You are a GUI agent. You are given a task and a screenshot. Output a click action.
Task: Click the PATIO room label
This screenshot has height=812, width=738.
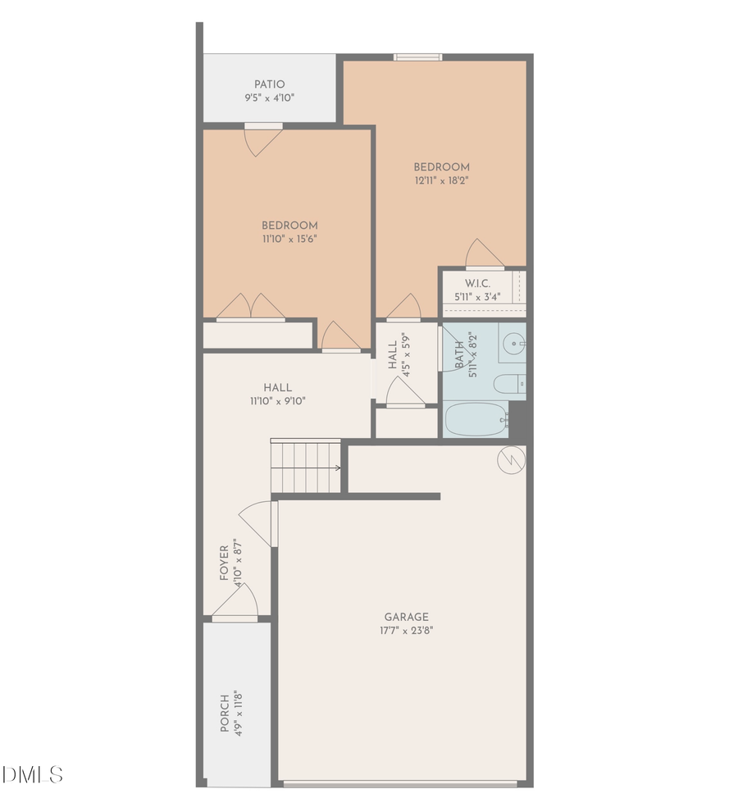(x=269, y=84)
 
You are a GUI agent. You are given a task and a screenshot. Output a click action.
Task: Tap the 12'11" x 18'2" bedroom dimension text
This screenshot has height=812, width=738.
(x=442, y=180)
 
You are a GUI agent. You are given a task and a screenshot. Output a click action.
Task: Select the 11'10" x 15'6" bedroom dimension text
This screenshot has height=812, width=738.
(x=289, y=239)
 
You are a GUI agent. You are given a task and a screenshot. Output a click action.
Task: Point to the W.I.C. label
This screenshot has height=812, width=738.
(x=477, y=283)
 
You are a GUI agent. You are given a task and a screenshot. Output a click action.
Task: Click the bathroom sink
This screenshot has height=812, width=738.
(x=513, y=342)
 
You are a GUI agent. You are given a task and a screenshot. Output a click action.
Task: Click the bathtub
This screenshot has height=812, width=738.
(x=476, y=419)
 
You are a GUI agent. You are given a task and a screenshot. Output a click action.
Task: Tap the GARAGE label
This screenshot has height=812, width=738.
(x=406, y=617)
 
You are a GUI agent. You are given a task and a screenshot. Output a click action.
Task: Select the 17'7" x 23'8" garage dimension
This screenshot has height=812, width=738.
(x=406, y=631)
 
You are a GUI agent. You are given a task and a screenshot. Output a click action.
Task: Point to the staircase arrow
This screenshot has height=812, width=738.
(x=336, y=468)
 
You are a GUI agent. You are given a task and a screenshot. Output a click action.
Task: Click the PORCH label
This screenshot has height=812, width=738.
(x=225, y=714)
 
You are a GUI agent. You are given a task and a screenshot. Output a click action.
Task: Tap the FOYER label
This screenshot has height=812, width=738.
(x=225, y=563)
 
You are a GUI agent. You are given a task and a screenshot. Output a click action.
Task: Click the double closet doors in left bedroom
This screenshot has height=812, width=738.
(x=251, y=308)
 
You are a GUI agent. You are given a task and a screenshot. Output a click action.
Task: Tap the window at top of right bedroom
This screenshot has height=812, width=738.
(x=417, y=57)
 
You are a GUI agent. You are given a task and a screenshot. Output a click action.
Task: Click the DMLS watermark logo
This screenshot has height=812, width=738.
(x=33, y=774)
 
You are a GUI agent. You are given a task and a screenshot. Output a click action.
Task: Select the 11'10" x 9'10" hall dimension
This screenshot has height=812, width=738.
(x=278, y=401)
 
